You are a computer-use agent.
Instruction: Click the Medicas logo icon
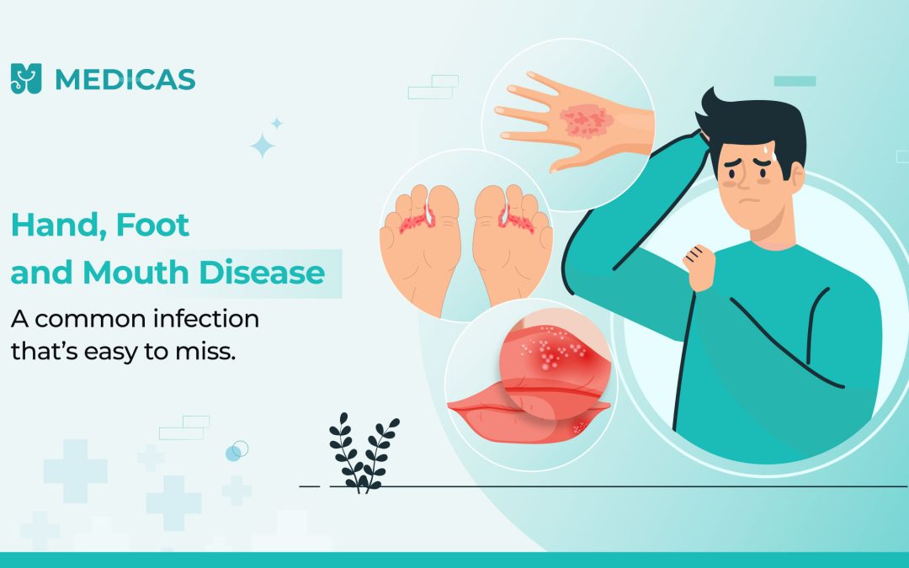pos(26,79)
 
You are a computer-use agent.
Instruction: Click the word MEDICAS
pos(125,80)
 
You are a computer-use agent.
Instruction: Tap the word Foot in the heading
pos(152,225)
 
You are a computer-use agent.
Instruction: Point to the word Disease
pos(262,272)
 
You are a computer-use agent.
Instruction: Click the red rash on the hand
pos(586,121)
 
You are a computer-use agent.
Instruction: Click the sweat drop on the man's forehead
pos(767,150)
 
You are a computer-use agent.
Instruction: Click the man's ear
pos(798,177)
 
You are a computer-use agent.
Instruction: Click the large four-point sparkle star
pos(262,146)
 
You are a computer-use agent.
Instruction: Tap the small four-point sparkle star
pos(277,123)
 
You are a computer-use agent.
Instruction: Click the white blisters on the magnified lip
pos(550,350)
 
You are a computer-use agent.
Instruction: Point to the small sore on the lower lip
pos(580,427)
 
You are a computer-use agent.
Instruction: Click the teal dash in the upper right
pos(795,81)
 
